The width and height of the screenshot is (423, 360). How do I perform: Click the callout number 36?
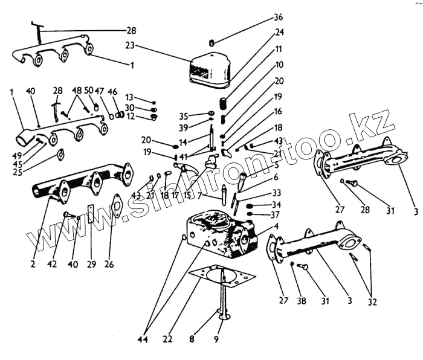[x=278, y=17]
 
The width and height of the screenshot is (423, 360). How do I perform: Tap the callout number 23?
[x=129, y=45]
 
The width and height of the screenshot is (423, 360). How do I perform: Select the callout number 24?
[x=279, y=32]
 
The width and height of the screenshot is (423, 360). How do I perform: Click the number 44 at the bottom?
[x=142, y=340]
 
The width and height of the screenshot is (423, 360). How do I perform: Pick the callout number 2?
[x=33, y=263]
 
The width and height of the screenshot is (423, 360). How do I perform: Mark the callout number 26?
[x=109, y=263]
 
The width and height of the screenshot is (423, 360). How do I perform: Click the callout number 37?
[x=275, y=214]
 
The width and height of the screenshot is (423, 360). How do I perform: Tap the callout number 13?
[x=129, y=97]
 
